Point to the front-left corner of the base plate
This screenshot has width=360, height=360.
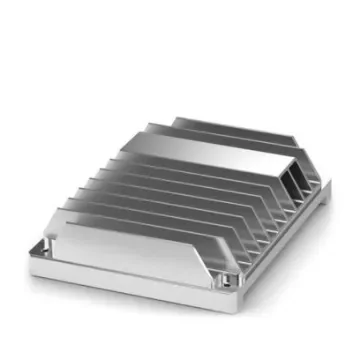click(x=35, y=262)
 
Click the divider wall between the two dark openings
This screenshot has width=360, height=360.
click(x=294, y=184)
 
